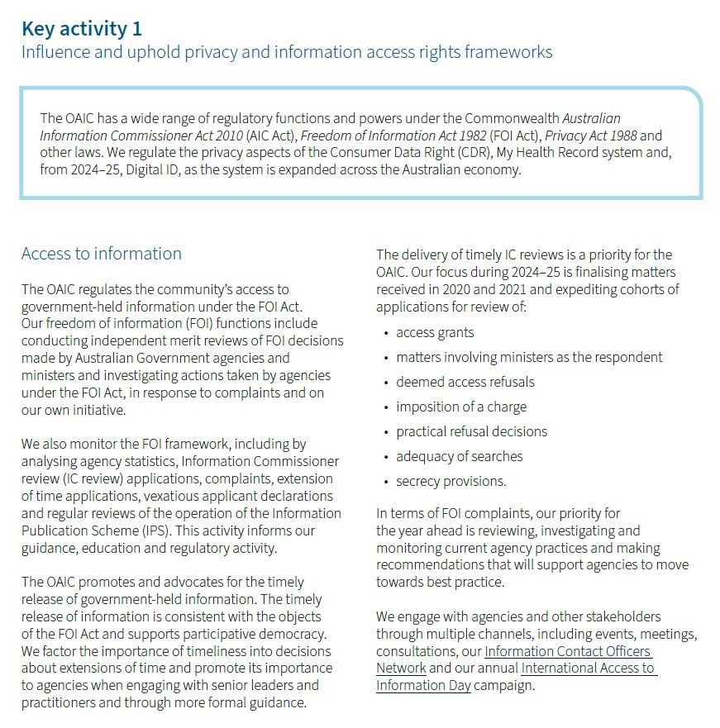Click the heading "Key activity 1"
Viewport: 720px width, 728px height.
82,29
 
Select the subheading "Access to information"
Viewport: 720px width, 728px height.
101,254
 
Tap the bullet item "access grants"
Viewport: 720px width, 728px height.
435,332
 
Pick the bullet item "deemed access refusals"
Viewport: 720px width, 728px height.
465,382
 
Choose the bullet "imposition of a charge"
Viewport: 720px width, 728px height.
461,407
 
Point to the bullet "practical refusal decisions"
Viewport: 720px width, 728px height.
471,431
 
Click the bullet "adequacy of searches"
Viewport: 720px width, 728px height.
460,456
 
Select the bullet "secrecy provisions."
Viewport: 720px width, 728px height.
451,481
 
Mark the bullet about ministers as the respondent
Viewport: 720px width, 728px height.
529,357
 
